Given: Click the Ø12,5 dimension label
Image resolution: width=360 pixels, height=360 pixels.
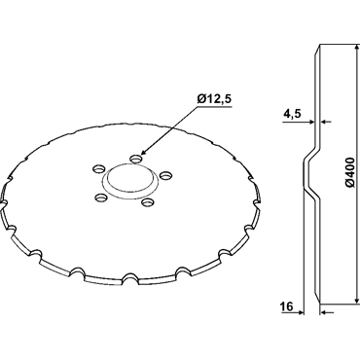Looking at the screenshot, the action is coord(215,99).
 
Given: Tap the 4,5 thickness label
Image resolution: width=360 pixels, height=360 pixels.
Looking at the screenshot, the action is coord(292,114).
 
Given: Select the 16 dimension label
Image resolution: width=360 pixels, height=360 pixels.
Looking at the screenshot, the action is coord(287,306).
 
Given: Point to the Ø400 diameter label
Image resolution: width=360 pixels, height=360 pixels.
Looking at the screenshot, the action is coord(349,173).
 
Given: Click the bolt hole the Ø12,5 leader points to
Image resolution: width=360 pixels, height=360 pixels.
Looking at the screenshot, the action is coord(136,159).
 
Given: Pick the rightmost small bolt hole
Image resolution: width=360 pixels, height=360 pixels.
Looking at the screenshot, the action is coord(166,175).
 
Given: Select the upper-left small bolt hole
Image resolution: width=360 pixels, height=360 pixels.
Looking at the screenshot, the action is coord(99,169).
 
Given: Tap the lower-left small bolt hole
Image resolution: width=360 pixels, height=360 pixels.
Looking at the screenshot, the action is coord(100,197).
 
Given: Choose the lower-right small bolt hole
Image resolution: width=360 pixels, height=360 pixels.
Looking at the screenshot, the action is coord(147,202).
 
